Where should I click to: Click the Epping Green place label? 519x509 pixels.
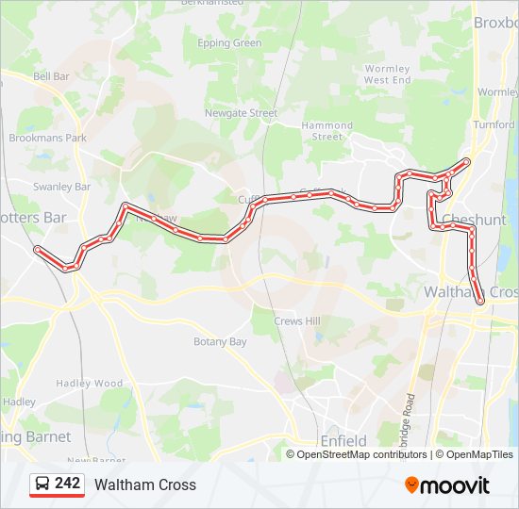tap(229, 43)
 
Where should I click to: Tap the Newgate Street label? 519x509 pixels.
tap(242, 113)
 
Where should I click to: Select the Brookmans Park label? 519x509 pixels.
tap(47, 138)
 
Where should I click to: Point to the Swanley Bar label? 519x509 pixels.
tap(61, 187)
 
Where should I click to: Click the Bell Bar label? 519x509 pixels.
tap(51, 75)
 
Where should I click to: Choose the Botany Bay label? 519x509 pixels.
tap(220, 342)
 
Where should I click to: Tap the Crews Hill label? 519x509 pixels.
tap(297, 321)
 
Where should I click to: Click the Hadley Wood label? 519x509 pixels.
tap(90, 384)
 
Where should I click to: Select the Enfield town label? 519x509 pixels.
tap(343, 441)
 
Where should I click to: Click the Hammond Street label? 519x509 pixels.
tap(327, 131)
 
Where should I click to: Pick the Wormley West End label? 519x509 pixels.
tap(387, 74)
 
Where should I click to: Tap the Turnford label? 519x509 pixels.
tap(494, 124)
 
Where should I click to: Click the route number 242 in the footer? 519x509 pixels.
tap(67, 484)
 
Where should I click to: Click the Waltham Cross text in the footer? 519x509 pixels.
tap(145, 484)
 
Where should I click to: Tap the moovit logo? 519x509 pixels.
tap(447, 485)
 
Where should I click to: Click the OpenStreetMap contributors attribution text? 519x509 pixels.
tap(361, 454)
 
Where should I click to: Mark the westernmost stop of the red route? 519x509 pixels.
tap(38, 250)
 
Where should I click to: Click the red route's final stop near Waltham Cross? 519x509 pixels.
tap(481, 301)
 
